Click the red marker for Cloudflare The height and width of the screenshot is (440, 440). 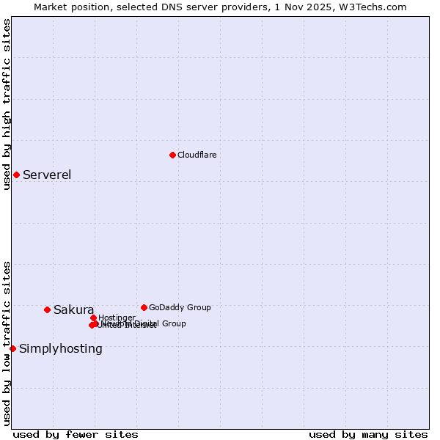(x=172, y=155)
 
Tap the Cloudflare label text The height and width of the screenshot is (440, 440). (x=197, y=155)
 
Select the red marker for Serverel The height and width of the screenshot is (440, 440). (x=16, y=175)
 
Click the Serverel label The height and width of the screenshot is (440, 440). (x=47, y=175)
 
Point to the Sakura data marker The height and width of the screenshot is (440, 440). (x=47, y=309)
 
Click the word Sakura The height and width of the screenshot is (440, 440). (x=73, y=309)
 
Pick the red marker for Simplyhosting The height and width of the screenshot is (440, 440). (x=12, y=348)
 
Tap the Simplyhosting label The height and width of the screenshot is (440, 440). (x=61, y=348)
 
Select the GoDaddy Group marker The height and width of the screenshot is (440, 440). (x=144, y=307)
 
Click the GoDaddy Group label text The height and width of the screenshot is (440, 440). (x=180, y=307)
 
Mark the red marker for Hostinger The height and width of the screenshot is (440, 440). (x=93, y=318)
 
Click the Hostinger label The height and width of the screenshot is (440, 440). (x=117, y=318)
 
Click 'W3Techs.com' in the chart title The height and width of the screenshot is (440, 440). (x=377, y=7)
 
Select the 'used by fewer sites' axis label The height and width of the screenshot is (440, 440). (x=76, y=434)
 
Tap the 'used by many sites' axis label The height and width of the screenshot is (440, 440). (x=368, y=434)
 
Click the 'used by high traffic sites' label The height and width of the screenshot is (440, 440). (x=7, y=104)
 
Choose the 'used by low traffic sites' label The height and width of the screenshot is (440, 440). (x=7, y=342)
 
